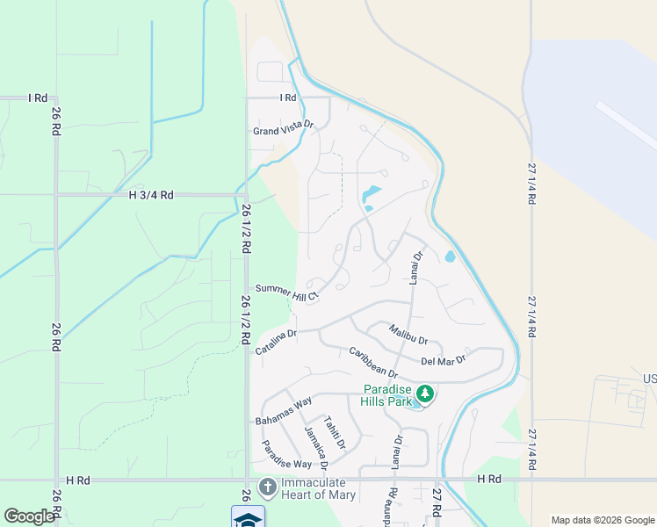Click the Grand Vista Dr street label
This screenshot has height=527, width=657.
tap(283, 130)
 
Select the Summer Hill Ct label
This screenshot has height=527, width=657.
tap(286, 292)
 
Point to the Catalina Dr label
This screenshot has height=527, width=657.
tap(277, 342)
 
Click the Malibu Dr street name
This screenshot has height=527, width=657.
tap(408, 334)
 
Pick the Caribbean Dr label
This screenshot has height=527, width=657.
tap(373, 363)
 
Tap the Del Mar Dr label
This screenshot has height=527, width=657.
tap(443, 359)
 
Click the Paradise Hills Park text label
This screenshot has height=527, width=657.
tap(386, 396)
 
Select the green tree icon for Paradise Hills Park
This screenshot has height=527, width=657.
tap(425, 392)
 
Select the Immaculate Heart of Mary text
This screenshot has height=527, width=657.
tap(319, 489)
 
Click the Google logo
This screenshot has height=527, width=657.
tap(29, 516)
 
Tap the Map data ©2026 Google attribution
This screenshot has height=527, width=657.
tap(601, 520)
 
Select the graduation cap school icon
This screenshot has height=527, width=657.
tap(248, 518)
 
